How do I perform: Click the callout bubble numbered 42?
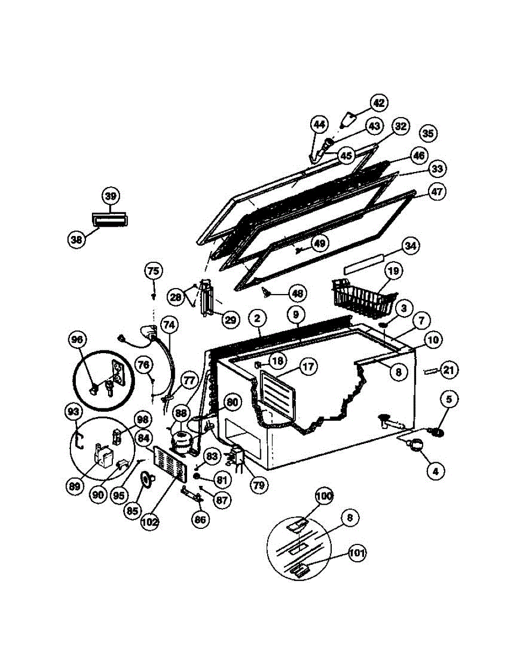pyautogui.click(x=379, y=103)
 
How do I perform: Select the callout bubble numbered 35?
pyautogui.click(x=429, y=134)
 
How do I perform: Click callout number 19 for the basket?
pyautogui.click(x=394, y=271)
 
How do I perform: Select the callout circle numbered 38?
pyautogui.click(x=77, y=240)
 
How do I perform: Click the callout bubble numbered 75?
pyautogui.click(x=153, y=271)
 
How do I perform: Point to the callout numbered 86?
pyautogui.click(x=201, y=519)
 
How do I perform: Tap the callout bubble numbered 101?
pyautogui.click(x=356, y=553)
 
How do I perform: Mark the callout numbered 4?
pyautogui.click(x=436, y=471)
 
